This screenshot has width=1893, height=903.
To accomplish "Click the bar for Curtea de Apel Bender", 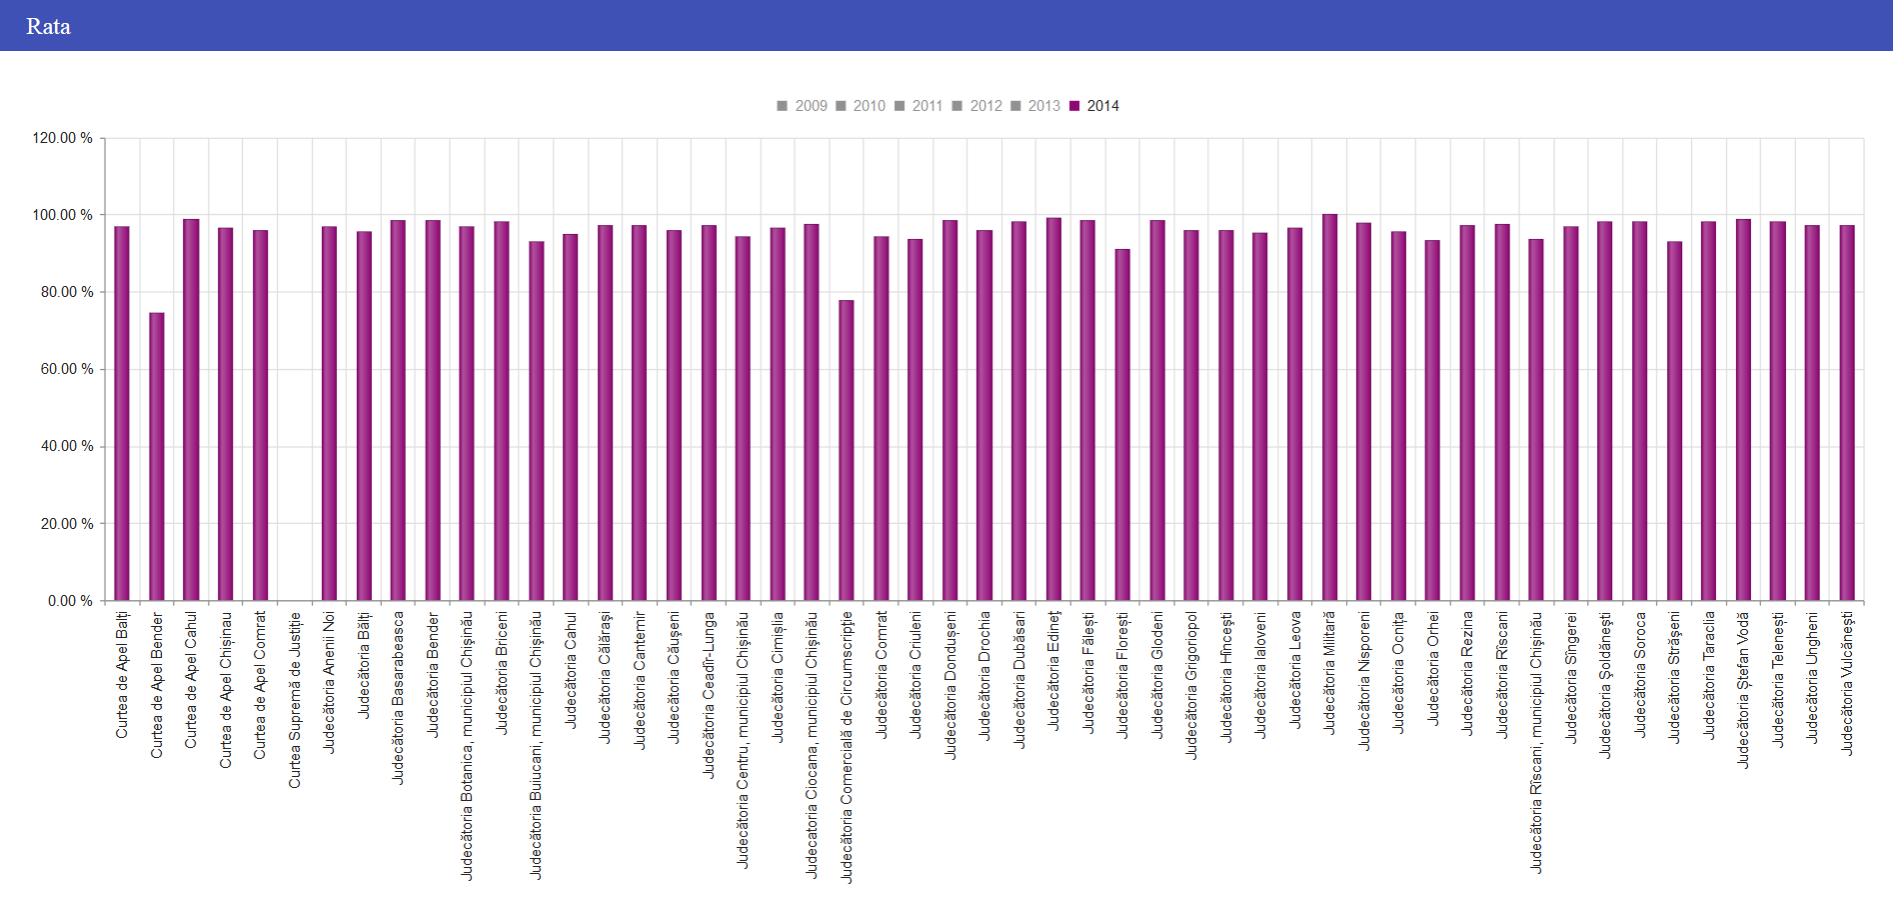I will click(157, 457).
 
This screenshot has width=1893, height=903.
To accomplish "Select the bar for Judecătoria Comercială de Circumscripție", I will click(847, 450).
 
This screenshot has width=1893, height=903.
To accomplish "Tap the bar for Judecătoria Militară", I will click(1329, 407).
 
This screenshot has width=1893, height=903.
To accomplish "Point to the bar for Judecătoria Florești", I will click(1122, 425).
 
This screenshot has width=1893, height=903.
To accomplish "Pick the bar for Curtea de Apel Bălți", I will click(122, 413).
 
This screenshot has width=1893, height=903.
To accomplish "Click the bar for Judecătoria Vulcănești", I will click(1847, 413).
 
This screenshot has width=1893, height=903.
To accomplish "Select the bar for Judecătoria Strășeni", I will click(1674, 421).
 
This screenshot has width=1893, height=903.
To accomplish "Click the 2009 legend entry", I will click(803, 106).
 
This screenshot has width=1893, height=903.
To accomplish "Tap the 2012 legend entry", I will click(977, 106).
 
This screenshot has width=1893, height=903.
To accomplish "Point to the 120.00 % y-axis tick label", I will click(62, 138).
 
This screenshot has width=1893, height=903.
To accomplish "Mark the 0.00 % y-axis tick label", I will click(70, 601).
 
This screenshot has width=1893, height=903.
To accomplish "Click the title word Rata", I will click(48, 26).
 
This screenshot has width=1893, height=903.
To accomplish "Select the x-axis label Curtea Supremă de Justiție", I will click(295, 700).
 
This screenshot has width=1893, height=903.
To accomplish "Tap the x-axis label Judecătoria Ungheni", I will click(1812, 678).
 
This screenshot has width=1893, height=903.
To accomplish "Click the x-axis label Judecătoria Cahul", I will click(571, 670).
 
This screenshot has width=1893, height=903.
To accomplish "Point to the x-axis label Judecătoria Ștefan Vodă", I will click(1743, 690).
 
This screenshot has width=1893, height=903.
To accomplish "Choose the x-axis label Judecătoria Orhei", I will click(1433, 668).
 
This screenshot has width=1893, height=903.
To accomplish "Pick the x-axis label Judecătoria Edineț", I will click(1053, 670).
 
